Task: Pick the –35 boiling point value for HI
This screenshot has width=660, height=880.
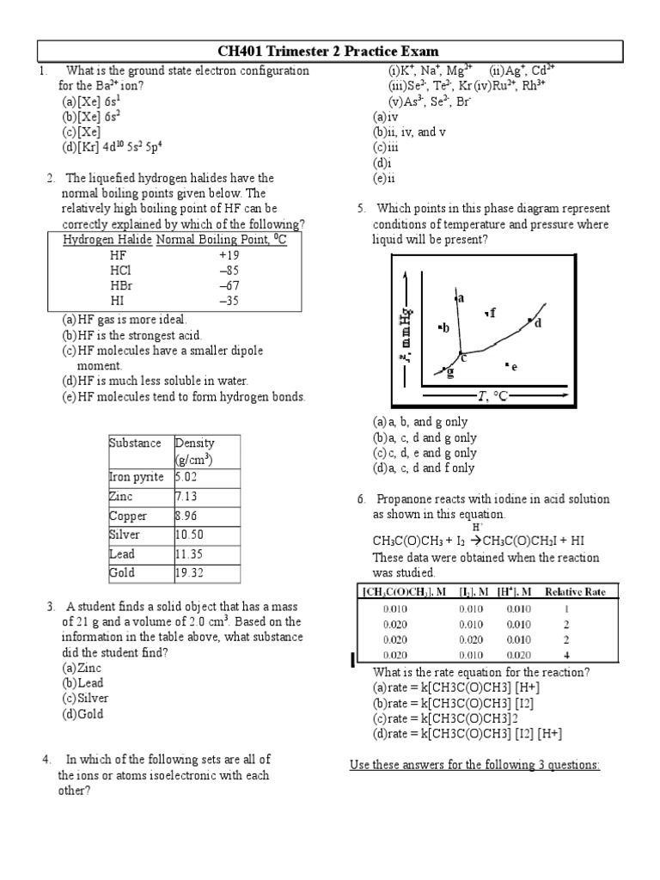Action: (x=229, y=301)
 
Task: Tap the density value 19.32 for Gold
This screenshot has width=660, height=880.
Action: (x=189, y=572)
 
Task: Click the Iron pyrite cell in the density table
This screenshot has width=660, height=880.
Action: (x=136, y=478)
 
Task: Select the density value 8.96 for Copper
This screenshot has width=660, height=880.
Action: (x=187, y=516)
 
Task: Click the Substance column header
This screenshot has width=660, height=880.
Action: (x=135, y=443)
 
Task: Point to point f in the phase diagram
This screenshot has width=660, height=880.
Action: (x=492, y=313)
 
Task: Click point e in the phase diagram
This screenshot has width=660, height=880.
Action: (x=513, y=367)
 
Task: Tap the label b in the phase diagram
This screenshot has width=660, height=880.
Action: (x=445, y=328)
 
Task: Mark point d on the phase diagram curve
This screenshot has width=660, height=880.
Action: (x=538, y=323)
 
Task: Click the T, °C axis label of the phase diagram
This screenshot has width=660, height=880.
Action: (x=492, y=396)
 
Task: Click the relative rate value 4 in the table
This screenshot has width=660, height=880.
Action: (x=566, y=655)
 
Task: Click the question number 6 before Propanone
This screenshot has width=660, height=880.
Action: (x=362, y=499)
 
